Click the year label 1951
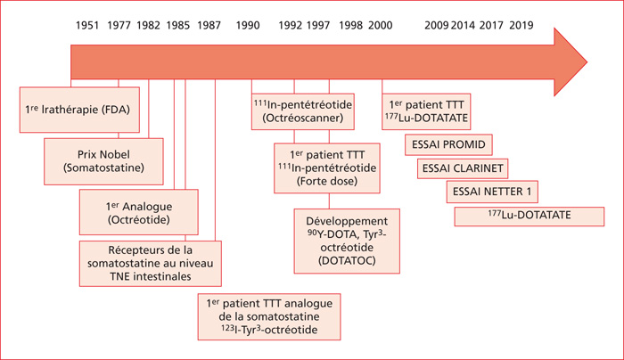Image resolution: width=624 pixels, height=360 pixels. pyautogui.click(x=87, y=26)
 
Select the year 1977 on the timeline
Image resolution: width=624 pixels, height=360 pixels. pyautogui.click(x=119, y=26)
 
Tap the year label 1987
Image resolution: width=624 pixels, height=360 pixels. pyautogui.click(x=209, y=26)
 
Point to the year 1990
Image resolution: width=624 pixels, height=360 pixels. pyautogui.click(x=248, y=26)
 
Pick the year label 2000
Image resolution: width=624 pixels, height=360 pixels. pyautogui.click(x=380, y=26)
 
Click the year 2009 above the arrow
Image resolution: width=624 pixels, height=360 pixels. pyautogui.click(x=437, y=26)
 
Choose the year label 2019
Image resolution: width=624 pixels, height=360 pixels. pyautogui.click(x=521, y=26)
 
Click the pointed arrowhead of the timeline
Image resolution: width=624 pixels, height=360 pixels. pyautogui.click(x=587, y=62)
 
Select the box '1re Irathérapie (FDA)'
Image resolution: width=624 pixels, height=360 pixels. pyautogui.click(x=79, y=110)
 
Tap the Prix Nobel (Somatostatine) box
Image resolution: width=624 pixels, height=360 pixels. pyautogui.click(x=103, y=161)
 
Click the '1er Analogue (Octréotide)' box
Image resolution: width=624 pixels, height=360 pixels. pyautogui.click(x=139, y=212)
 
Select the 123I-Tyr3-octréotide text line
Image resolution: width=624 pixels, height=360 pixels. pyautogui.click(x=269, y=330)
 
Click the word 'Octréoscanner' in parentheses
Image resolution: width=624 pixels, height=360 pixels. pyautogui.click(x=302, y=119)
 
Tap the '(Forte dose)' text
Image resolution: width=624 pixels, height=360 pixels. pyautogui.click(x=327, y=182)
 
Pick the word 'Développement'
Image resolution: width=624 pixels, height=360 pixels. pyautogui.click(x=347, y=221)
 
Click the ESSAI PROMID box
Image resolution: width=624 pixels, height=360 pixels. pyautogui.click(x=448, y=144)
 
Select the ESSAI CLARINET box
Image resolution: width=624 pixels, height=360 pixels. pyautogui.click(x=463, y=168)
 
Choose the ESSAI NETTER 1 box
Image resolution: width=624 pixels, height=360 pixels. pyautogui.click(x=492, y=192)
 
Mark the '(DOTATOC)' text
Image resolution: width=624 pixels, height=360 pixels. pyautogui.click(x=347, y=261)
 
